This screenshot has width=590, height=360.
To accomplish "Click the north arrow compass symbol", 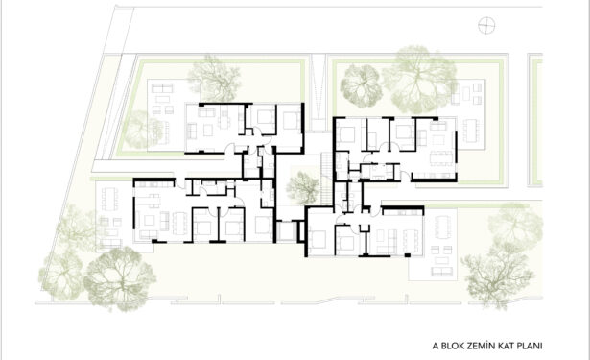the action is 486,26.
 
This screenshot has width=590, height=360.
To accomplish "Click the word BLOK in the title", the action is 453,346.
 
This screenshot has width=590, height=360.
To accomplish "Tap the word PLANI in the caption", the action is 530,346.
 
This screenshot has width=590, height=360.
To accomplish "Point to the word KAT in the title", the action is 506,346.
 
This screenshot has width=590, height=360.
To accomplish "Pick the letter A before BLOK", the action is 436,346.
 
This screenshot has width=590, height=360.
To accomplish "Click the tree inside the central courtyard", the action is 302,187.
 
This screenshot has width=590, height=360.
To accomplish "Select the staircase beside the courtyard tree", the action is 326,179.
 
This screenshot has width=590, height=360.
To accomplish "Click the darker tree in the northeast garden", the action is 362,85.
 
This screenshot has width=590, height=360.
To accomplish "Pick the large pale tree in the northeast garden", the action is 418,80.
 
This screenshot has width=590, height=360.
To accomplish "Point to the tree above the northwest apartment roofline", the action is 214,79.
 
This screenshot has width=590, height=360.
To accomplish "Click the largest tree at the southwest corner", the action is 119,278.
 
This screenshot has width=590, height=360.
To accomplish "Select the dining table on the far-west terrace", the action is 110,200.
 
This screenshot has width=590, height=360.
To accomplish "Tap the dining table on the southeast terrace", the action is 442,227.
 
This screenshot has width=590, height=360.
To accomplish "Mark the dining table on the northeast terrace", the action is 471,131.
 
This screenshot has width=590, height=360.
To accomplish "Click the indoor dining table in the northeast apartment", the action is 441,157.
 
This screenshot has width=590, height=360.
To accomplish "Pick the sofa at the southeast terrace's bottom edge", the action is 441,272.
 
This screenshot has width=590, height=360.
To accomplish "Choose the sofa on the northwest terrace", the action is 162,88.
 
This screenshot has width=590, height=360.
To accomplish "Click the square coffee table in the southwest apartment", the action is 150,220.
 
